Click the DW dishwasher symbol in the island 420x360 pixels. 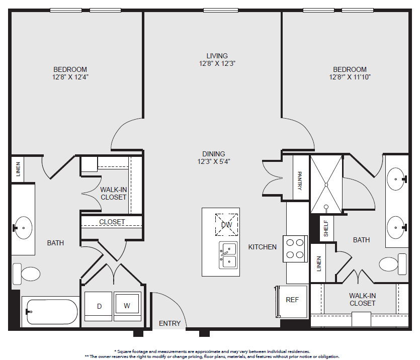(x=227, y=225)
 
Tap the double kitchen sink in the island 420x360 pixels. (x=228, y=255)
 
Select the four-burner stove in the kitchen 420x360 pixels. (x=295, y=249)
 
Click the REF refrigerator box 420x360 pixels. (x=292, y=301)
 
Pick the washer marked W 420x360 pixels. (x=127, y=306)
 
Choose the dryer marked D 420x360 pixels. (x=98, y=306)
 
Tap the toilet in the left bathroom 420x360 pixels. (x=27, y=274)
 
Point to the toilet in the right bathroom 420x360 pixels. (x=393, y=264)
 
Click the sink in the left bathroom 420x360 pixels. (x=23, y=228)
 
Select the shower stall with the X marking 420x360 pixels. (x=326, y=185)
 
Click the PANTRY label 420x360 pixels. (x=300, y=181)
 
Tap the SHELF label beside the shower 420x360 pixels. (x=326, y=228)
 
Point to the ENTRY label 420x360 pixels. (x=170, y=323)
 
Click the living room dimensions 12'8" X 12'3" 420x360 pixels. (x=217, y=63)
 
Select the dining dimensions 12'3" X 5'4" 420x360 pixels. (x=214, y=161)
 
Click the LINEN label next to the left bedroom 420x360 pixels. (x=18, y=169)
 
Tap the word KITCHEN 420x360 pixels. (x=262, y=247)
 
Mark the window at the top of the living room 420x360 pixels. (x=221, y=11)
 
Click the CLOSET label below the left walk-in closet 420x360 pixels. (x=112, y=222)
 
